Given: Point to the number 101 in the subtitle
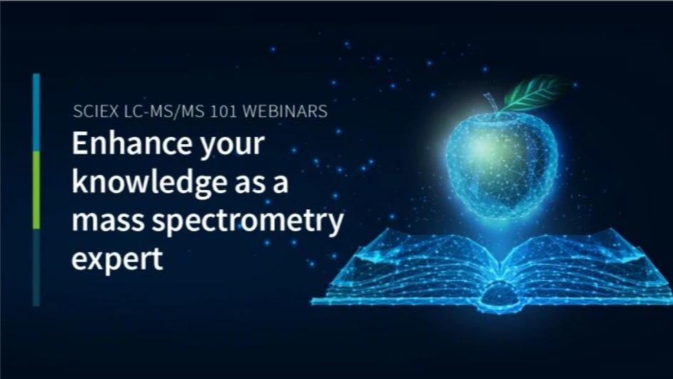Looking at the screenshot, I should click(x=226, y=111).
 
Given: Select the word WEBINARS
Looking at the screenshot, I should click(x=285, y=111).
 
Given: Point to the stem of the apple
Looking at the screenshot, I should click(x=492, y=103).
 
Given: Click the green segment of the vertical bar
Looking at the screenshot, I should click(x=36, y=190).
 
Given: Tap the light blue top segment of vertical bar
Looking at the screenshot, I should click(x=36, y=112).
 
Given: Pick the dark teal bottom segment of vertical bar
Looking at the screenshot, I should click(x=36, y=268).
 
